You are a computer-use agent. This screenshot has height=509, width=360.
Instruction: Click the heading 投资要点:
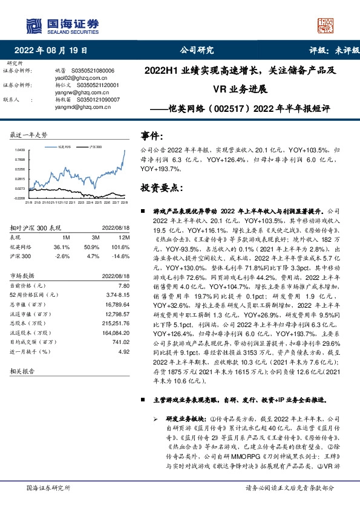(x=162, y=188)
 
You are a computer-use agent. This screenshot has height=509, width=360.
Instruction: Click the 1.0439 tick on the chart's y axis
(x=19, y=150)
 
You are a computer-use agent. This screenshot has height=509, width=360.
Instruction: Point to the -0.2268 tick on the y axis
(x=19, y=198)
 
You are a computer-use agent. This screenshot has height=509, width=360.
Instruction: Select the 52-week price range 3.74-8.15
(x=119, y=293)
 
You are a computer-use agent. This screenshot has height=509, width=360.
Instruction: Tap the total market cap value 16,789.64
(x=117, y=305)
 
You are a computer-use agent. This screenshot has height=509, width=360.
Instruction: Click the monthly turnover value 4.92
(x=125, y=350)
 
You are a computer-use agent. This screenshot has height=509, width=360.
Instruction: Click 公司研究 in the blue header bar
(x=198, y=51)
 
